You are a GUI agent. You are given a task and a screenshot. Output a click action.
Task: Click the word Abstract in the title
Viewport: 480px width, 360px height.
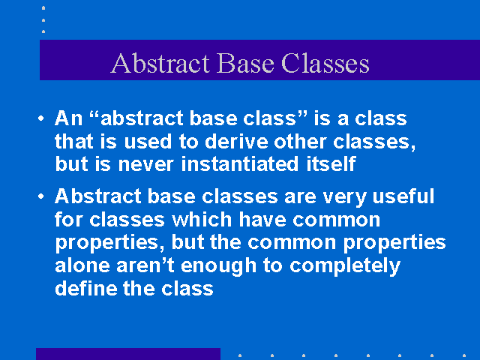point(160,63)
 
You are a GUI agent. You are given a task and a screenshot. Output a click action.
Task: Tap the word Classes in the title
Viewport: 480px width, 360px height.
point(325,63)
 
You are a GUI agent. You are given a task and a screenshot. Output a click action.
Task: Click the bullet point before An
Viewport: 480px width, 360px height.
point(41,118)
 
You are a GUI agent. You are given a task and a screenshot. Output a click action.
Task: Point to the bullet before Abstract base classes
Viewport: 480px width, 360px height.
point(41,196)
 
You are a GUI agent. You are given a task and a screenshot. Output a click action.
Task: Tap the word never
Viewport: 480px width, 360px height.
point(146,164)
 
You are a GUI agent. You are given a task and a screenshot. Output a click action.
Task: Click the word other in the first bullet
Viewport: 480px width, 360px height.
point(300,142)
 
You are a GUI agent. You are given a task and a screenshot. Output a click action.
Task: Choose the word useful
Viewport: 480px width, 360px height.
point(403,196)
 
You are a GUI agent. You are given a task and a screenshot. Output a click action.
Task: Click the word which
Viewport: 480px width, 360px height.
point(202,219)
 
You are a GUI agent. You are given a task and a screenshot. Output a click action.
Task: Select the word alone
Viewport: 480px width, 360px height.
point(82,265)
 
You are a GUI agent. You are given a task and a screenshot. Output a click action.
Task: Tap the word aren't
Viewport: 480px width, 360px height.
point(145,265)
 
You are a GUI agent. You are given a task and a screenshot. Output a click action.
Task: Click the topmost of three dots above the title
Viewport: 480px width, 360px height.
point(43,8)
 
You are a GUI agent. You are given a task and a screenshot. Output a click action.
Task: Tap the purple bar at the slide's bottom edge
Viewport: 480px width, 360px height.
point(128,354)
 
